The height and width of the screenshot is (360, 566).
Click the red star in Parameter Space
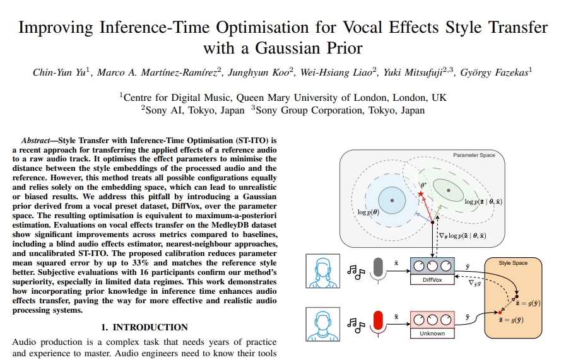[421, 192]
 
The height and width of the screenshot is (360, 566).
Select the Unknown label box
[432, 333]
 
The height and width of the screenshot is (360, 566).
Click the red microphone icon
[378, 322]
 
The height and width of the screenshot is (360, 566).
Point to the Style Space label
[514, 262]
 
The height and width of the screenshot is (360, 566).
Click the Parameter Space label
[474, 155]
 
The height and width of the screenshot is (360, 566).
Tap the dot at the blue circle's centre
[392, 200]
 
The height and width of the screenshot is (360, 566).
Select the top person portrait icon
[320, 270]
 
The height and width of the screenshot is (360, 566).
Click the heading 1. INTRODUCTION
[144, 327]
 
